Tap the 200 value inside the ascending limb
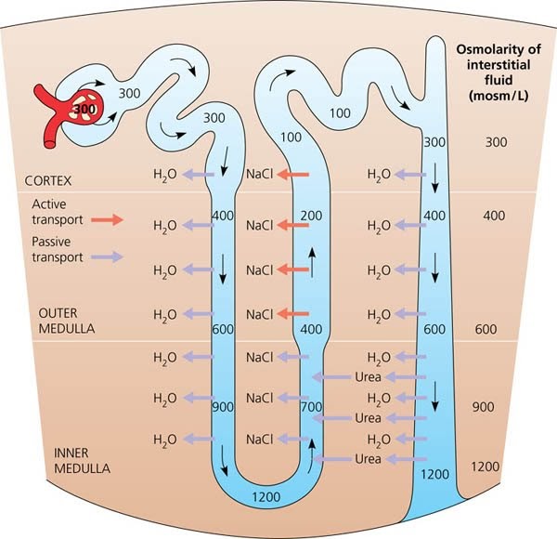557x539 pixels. pyautogui.click(x=311, y=215)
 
